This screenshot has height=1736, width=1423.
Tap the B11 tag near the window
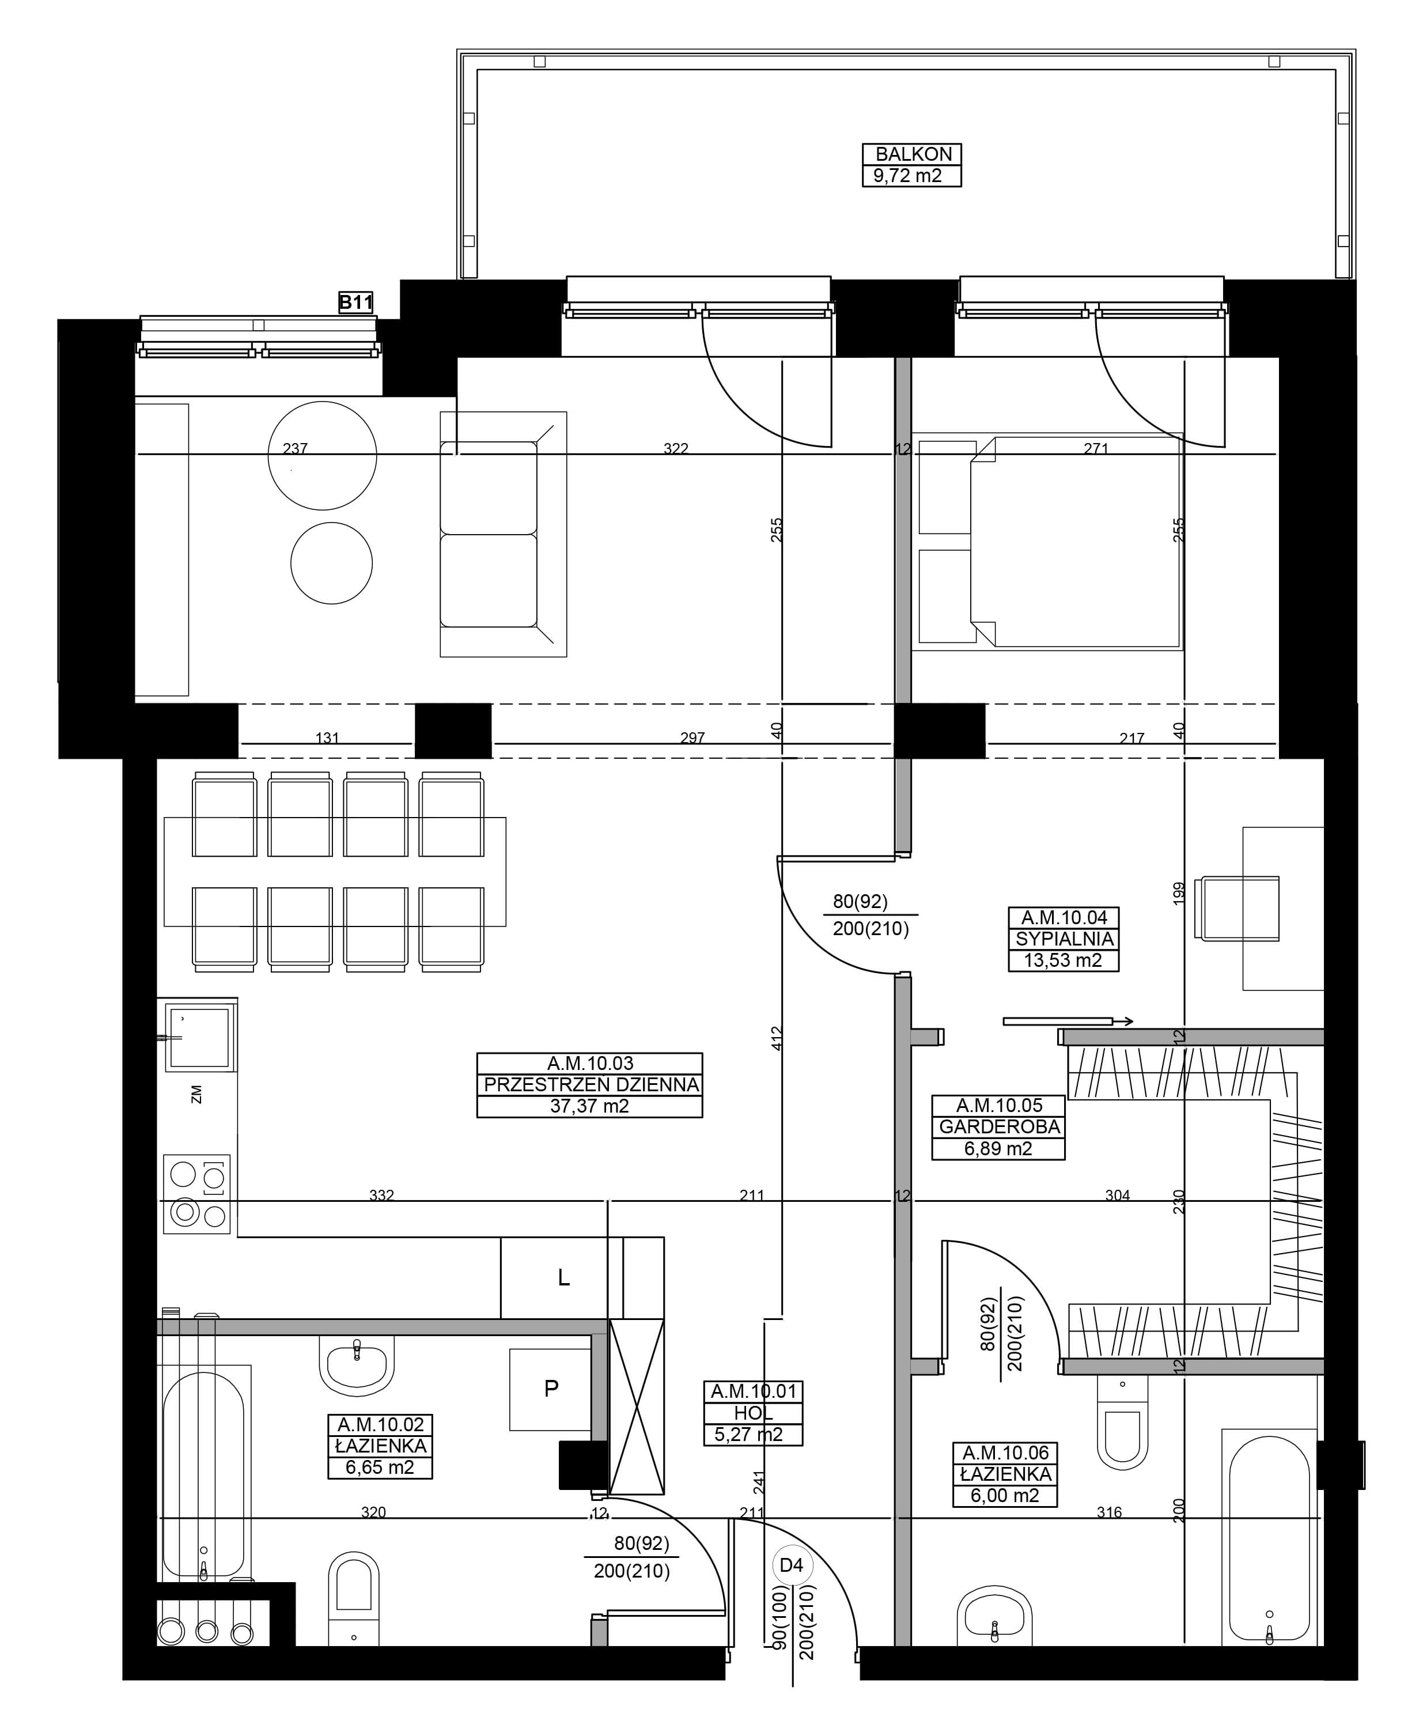[x=357, y=302]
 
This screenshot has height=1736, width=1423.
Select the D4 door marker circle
[x=791, y=1565]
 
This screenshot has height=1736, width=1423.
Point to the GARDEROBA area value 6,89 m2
[x=998, y=1148]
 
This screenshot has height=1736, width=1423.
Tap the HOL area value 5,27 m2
[x=748, y=1434]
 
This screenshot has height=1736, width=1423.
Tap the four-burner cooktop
[x=196, y=1194]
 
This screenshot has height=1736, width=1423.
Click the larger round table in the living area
[x=322, y=456]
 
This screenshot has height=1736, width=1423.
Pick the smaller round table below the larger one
[x=331, y=563]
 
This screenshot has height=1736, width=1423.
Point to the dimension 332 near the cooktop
[x=381, y=1195]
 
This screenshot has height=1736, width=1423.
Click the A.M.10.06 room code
[x=1005, y=1453]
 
